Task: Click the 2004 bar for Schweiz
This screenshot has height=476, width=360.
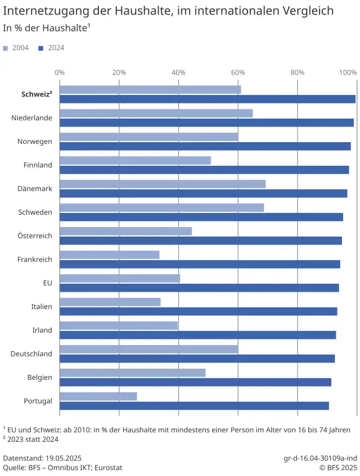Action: pos(150,90)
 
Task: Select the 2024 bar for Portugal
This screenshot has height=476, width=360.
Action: pos(194,406)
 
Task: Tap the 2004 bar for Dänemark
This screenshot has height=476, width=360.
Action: pos(162,184)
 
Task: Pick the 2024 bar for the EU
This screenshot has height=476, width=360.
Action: pos(199,288)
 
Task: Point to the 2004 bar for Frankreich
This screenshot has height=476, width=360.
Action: pos(109,255)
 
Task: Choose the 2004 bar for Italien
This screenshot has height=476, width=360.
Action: pos(110,302)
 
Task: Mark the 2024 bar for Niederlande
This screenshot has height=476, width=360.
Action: pos(206,123)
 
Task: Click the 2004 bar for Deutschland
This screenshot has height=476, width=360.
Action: pos(148,350)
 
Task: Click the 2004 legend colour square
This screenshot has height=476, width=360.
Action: pos(6,48)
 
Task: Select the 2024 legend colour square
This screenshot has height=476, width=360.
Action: pos(41,48)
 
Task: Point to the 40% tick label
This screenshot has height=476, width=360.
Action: pos(178,72)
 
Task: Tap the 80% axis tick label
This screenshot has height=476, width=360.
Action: pos(297,72)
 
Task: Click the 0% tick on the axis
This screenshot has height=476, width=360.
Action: pos(59,72)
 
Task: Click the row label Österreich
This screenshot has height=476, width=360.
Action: pos(35,236)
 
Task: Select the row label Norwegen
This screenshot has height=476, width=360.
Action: pos(35,142)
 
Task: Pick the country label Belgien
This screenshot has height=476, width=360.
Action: pos(39,378)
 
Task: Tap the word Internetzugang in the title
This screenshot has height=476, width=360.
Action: pos(40,11)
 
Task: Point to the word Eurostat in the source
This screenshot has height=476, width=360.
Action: pos(107,468)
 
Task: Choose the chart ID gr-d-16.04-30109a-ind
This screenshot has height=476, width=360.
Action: pos(320,458)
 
